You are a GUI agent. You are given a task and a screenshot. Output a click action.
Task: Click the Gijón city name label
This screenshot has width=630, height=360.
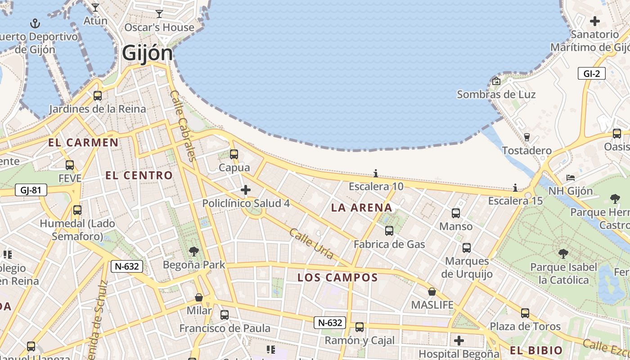(x=147, y=53)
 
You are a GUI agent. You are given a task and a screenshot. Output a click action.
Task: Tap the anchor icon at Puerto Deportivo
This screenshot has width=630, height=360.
(x=35, y=23)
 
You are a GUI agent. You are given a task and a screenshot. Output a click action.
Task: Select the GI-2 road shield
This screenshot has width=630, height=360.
(x=591, y=74)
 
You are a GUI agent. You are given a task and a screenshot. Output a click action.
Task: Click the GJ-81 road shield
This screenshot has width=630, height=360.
(x=31, y=190)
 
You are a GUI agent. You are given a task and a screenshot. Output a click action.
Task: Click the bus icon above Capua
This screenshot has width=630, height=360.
(x=234, y=154)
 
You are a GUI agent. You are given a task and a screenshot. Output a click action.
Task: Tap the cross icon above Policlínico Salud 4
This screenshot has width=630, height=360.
(x=246, y=190)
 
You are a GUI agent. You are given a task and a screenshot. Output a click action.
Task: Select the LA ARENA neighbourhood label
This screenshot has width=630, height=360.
(x=362, y=208)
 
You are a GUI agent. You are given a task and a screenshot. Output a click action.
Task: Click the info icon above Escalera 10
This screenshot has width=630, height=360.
(x=376, y=174)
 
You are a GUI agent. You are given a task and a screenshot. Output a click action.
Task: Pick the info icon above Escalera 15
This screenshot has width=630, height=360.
(x=515, y=188)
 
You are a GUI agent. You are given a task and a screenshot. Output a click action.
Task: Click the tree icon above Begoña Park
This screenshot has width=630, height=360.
(x=194, y=251)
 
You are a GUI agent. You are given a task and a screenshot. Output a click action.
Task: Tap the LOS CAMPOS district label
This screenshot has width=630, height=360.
(x=337, y=278)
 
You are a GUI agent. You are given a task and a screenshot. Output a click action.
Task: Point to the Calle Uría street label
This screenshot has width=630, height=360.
(x=311, y=244)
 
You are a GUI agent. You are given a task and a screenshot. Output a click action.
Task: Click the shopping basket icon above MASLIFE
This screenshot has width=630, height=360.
(x=432, y=292)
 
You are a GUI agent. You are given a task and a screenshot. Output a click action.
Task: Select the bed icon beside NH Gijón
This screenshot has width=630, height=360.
(x=571, y=178)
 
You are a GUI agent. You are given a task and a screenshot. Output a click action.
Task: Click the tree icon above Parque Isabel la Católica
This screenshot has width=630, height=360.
(x=563, y=254)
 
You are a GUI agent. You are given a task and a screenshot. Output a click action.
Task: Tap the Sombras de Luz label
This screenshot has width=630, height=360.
(x=496, y=94)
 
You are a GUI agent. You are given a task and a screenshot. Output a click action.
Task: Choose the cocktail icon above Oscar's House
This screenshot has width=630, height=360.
(x=159, y=14)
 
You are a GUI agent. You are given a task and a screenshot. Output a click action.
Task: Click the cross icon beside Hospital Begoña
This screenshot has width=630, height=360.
(x=459, y=341)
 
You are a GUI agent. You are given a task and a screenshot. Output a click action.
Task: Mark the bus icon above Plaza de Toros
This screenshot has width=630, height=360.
(x=525, y=313)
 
